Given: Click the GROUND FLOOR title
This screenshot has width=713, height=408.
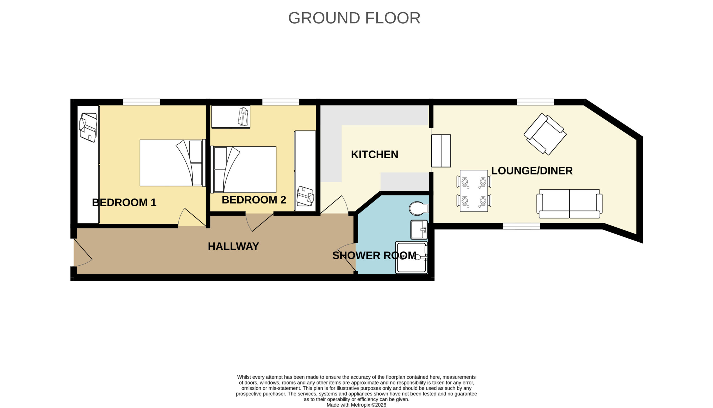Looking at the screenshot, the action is [354, 18].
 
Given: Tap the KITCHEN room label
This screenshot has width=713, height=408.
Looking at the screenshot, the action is [374, 154].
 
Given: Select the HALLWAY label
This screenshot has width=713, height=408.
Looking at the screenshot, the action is [233, 246].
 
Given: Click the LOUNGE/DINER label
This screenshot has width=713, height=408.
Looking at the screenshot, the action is [532, 171].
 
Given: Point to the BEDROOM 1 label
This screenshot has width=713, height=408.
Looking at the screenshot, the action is [124, 202].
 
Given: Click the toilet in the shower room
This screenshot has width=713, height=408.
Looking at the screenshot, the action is [419, 208].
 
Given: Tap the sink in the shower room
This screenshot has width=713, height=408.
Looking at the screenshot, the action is [419, 230].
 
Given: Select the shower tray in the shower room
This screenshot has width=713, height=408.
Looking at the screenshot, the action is [411, 258].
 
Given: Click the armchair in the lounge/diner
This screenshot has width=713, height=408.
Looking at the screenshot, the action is [545, 134].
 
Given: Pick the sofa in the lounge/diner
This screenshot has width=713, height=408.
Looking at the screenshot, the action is [569, 204].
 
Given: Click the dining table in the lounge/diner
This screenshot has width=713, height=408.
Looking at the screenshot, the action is [474, 191].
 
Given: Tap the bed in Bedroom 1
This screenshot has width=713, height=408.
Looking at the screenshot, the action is [173, 163].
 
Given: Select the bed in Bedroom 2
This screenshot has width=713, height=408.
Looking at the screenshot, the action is [243, 169].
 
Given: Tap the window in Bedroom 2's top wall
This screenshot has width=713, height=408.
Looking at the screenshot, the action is [281, 102].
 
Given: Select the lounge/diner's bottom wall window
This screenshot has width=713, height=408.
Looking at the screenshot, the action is [521, 226].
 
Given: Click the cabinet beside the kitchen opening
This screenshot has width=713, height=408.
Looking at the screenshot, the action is [441, 151].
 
